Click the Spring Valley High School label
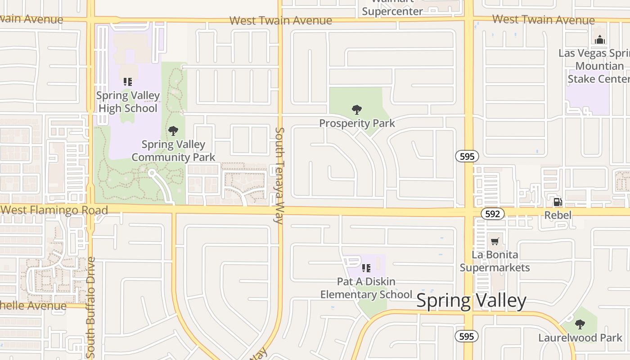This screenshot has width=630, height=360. [128, 102]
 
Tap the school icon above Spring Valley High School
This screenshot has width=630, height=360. [128, 82]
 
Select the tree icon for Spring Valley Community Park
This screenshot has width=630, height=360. [173, 131]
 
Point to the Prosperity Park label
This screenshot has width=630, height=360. [357, 123]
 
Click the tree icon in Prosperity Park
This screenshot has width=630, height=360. [357, 109]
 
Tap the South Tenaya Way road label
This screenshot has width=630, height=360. [279, 175]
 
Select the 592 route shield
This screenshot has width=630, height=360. [492, 214]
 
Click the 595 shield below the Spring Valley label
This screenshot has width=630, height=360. [467, 336]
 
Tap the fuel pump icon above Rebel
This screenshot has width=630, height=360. [558, 202]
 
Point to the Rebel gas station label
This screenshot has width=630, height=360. [558, 215]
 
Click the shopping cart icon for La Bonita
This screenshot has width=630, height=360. [495, 242]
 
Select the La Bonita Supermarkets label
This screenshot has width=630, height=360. [495, 261]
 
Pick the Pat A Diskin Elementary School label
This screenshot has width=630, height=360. [366, 288]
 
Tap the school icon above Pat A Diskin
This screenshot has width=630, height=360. [366, 268]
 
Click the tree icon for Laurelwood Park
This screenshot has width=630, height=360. [580, 324]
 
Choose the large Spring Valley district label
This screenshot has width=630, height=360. [471, 301]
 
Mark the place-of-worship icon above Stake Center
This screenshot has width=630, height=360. [599, 40]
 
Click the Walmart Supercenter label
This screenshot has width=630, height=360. [392, 10]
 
